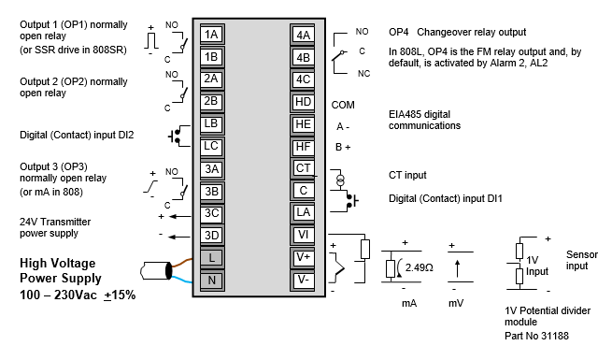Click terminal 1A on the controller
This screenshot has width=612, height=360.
[x=212, y=35]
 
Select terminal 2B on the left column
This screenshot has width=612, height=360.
[x=212, y=102]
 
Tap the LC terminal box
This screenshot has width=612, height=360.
[x=212, y=147]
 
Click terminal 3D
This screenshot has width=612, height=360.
[x=212, y=236]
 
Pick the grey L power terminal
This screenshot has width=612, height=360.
[x=212, y=258]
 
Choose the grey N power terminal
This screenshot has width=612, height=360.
[x=212, y=280]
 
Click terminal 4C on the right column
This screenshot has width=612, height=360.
[x=303, y=79]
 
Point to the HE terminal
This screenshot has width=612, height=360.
[x=303, y=124]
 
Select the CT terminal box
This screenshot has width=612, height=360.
[x=303, y=168]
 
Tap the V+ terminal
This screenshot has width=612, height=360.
[x=303, y=258]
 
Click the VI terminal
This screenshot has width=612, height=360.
[x=303, y=235]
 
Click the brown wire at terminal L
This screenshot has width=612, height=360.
[x=182, y=263]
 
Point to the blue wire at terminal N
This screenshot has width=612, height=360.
[x=182, y=279]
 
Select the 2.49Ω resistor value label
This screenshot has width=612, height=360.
[x=420, y=267]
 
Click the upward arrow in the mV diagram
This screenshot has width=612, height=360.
[x=458, y=269]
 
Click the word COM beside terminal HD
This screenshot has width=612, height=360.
[x=343, y=105]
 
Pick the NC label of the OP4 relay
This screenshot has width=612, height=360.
[x=363, y=74]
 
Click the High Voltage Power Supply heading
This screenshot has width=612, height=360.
[x=61, y=270]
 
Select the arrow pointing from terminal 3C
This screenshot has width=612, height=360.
[x=180, y=216]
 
